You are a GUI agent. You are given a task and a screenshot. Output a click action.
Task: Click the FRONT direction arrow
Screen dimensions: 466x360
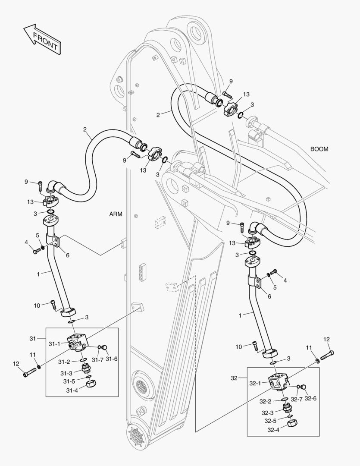[x=41, y=40]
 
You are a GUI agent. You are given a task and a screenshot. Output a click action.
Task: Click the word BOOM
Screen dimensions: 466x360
[x=319, y=149]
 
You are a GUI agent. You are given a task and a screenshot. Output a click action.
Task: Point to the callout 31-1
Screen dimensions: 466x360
[x=55, y=344]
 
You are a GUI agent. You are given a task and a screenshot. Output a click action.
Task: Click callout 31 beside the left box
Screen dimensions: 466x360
[x=34, y=338]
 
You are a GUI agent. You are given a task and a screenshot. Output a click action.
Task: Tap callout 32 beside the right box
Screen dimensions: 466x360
[x=234, y=378]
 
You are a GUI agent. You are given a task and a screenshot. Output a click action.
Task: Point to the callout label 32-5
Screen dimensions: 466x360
[x=271, y=421]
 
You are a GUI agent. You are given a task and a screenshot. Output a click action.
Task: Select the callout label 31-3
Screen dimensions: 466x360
[x=66, y=373]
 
